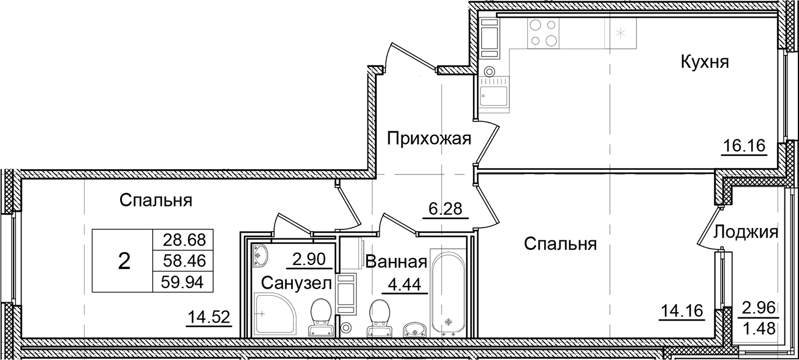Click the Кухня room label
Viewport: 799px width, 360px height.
[x=705, y=62]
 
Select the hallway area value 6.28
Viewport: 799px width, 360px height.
[x=445, y=207]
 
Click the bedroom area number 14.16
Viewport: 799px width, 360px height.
[x=682, y=309]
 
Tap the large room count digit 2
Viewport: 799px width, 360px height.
[x=124, y=261]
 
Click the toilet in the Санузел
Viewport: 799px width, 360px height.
[x=320, y=317]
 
